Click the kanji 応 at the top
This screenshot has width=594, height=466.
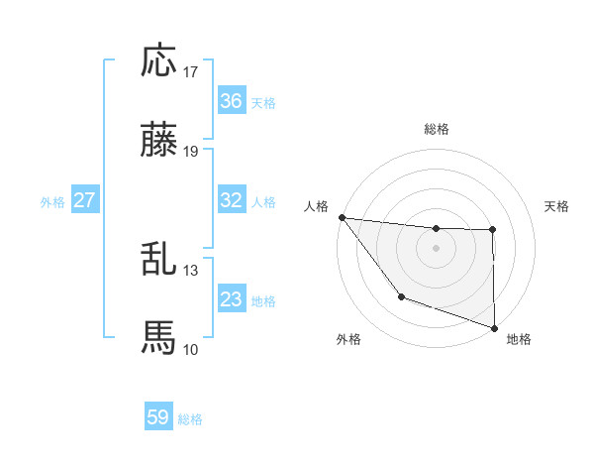click(x=159, y=60)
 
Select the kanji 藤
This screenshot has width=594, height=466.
click(x=159, y=142)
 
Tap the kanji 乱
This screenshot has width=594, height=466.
click(x=159, y=259)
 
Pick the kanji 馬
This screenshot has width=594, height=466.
click(x=159, y=338)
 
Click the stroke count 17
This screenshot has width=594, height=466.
click(x=191, y=72)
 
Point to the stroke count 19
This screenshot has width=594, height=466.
click(x=191, y=153)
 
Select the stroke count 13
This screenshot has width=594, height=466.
click(x=191, y=270)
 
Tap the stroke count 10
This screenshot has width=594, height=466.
click(x=191, y=349)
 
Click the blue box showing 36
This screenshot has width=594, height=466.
click(x=232, y=101)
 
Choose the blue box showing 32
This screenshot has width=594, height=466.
click(x=232, y=200)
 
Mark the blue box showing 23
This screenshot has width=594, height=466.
click(x=232, y=299)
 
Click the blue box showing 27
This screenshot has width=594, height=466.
click(x=84, y=200)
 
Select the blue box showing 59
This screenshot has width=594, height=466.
click(x=158, y=417)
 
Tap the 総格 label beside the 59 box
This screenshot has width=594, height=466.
click(x=190, y=419)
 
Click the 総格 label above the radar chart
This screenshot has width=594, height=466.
click(x=437, y=129)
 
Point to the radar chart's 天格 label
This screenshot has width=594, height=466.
click(x=556, y=206)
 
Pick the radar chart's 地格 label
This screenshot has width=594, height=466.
click(x=519, y=339)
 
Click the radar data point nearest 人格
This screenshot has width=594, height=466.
click(x=342, y=217)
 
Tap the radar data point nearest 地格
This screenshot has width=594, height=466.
click(x=494, y=326)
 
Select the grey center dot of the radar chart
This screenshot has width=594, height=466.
click(x=437, y=247)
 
